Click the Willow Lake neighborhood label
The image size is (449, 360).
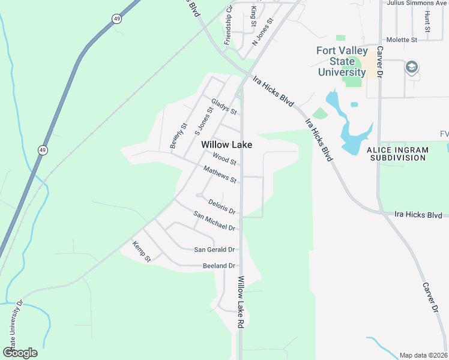pyautogui.click(x=226, y=145)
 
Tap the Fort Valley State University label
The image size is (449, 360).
pyautogui.click(x=342, y=61)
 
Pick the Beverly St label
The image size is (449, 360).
pyautogui.click(x=179, y=136)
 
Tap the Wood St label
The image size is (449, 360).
pyautogui.click(x=225, y=158)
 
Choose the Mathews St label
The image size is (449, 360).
pyautogui.click(x=220, y=175)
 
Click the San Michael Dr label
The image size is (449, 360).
pyautogui.click(x=214, y=221)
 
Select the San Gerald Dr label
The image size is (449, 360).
pyautogui.click(x=214, y=250)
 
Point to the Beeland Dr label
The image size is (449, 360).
pyautogui.click(x=218, y=265)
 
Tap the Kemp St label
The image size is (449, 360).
pyautogui.click(x=141, y=251)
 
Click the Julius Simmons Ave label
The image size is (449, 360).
pyautogui.click(x=418, y=2)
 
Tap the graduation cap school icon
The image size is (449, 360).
pyautogui.click(x=412, y=66)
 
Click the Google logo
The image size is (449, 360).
pyautogui.click(x=20, y=353)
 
